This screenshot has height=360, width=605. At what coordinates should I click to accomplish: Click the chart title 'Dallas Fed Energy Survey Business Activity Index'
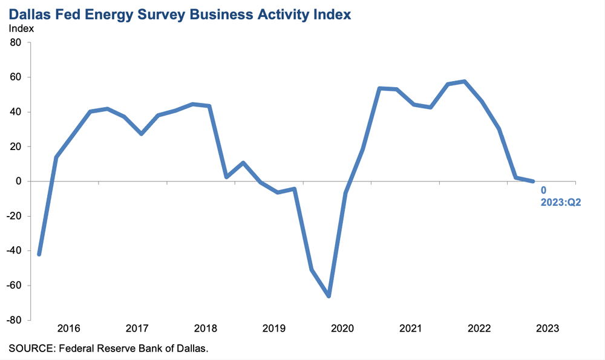(x=180, y=14)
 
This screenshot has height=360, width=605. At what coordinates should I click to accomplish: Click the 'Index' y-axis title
(x=21, y=28)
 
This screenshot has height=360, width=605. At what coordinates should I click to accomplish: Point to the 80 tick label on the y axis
(x=15, y=42)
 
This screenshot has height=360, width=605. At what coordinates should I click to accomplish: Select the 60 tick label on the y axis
(x=15, y=77)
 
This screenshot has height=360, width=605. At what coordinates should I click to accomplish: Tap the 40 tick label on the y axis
(x=15, y=112)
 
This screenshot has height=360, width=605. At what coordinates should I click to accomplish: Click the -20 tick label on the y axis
(x=13, y=216)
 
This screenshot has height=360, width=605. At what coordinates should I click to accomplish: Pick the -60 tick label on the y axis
(x=13, y=285)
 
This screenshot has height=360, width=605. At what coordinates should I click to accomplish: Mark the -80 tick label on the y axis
(x=13, y=319)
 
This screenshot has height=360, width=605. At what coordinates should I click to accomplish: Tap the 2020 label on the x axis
(x=342, y=329)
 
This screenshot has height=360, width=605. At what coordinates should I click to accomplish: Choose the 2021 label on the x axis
(x=411, y=329)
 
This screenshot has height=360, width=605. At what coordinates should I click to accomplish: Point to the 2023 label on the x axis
(x=548, y=329)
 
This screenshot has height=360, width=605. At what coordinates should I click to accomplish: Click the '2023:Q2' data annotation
(x=560, y=202)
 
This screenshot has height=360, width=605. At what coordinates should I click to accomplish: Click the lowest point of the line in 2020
(x=329, y=296)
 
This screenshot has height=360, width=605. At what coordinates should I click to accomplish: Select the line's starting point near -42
(x=39, y=254)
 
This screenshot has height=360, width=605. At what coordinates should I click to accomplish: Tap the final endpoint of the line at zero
(x=533, y=181)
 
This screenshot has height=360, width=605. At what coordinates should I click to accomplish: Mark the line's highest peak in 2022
(x=465, y=81)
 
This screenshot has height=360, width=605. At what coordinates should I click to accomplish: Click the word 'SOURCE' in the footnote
(x=28, y=349)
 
